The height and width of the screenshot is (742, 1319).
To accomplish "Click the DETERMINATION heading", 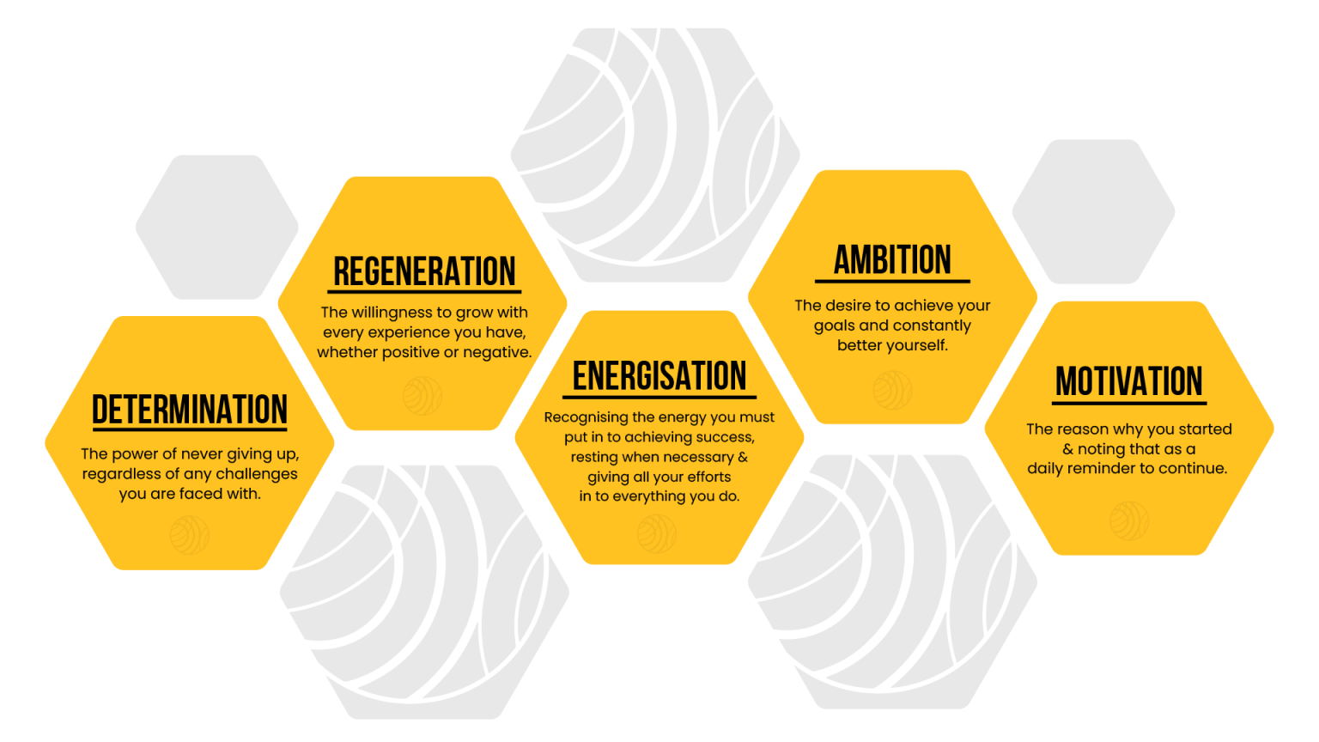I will click(190, 410).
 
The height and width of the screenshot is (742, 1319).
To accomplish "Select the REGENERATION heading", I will click(424, 271).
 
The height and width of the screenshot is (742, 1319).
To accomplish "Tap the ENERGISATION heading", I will click(659, 376).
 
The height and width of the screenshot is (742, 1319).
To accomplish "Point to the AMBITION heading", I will click(892, 260).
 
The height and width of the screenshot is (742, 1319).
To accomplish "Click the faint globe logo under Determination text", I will click(189, 534).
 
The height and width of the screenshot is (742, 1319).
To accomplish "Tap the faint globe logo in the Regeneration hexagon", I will click(422, 395).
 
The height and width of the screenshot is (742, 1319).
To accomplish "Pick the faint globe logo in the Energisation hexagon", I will click(657, 533).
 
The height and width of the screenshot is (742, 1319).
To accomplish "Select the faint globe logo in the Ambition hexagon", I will click(892, 390).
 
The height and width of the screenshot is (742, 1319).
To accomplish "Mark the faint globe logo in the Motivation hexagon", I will click(1128, 520).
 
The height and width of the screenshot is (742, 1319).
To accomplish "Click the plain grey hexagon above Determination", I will click(217, 227).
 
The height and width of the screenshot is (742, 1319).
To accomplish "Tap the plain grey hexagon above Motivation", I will click(1093, 212).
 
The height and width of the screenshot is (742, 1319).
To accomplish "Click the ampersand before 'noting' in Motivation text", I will click(1068, 449).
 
